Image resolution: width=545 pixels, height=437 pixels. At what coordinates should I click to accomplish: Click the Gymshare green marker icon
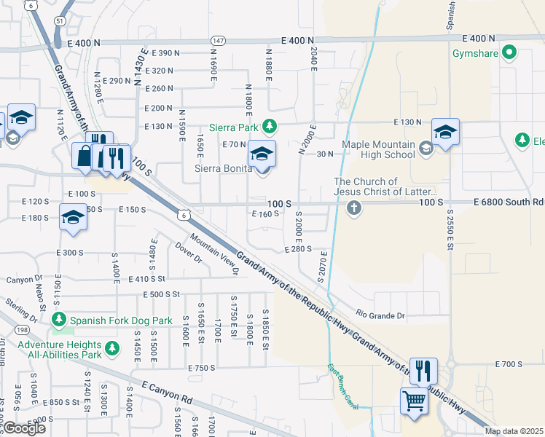click(x=509, y=52)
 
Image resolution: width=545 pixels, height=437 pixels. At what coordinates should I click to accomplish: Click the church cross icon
click(x=354, y=209)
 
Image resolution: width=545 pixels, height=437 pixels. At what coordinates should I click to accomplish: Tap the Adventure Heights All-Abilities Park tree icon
click(x=111, y=350)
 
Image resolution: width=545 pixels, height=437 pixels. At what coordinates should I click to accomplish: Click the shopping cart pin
click(x=414, y=401)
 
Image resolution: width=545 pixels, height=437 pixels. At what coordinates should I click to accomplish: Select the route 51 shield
click(x=59, y=22)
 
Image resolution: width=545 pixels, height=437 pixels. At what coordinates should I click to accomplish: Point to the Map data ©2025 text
click(x=514, y=431)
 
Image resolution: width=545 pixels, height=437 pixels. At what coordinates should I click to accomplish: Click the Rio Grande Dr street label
click(x=380, y=315)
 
